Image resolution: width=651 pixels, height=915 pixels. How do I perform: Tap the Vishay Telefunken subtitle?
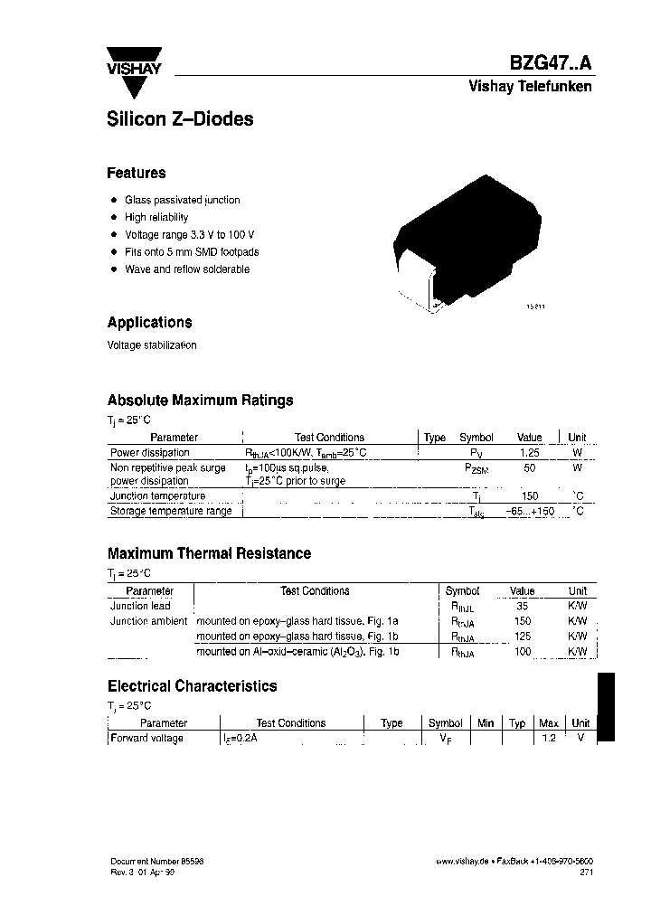530,87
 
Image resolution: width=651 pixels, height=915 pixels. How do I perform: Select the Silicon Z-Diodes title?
180,118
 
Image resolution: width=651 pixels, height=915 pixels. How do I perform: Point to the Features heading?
137,173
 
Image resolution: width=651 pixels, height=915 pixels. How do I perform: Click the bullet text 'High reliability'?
156,217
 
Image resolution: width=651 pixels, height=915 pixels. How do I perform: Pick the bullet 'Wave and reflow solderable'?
186,269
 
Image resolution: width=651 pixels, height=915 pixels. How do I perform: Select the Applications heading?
149,322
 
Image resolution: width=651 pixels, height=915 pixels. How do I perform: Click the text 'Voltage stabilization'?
151,345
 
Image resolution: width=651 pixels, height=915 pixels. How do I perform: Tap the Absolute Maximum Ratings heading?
200,400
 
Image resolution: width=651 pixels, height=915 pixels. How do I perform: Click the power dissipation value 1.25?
529,452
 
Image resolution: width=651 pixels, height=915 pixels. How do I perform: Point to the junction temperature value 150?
529,496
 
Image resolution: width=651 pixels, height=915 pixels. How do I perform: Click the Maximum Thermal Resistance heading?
209,553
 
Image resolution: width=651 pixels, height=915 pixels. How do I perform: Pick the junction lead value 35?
523,606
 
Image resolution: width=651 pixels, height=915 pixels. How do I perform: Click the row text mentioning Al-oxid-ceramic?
297,651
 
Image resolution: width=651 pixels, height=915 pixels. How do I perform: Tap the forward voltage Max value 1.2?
548,739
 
